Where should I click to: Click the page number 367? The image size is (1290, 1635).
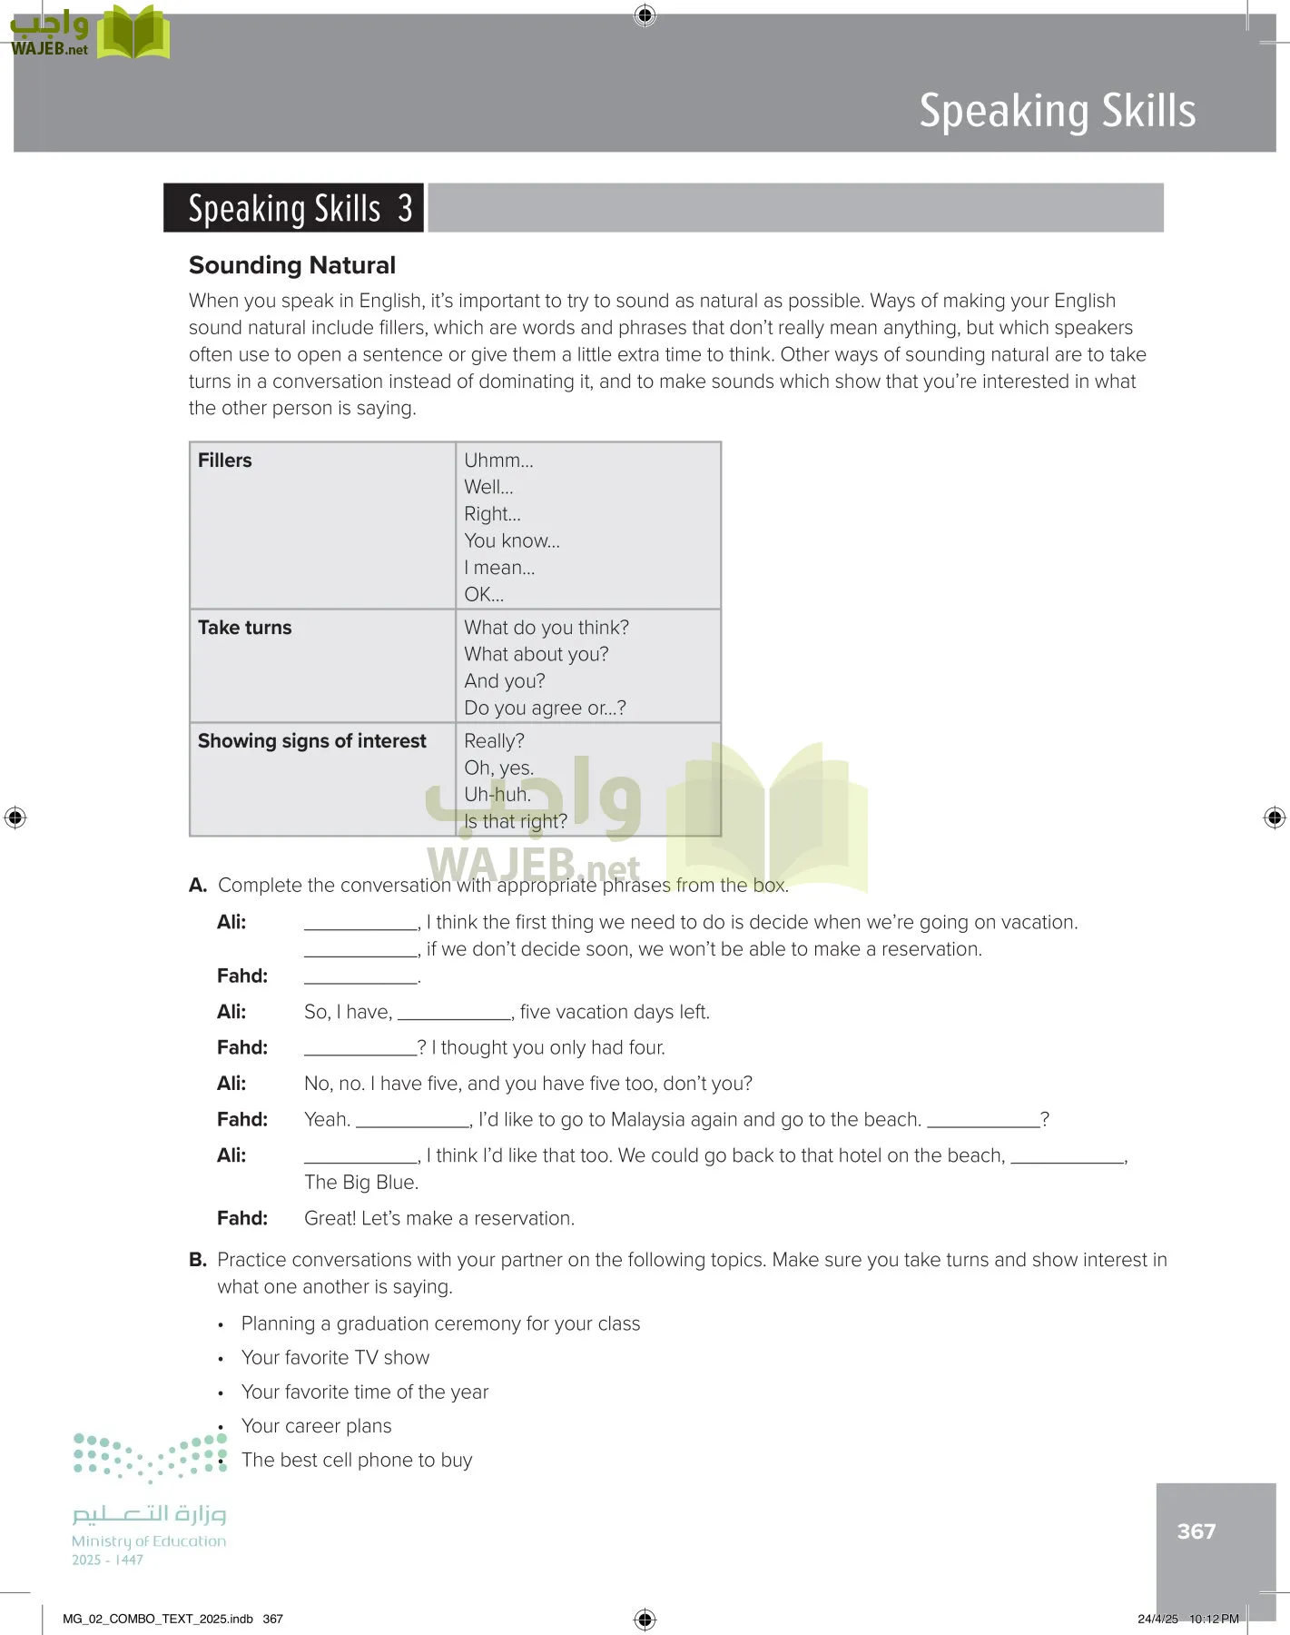(x=1196, y=1531)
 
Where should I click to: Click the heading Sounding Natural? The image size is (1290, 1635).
(x=292, y=265)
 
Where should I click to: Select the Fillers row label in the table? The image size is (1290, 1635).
(x=225, y=461)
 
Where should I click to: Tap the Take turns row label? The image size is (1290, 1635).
(x=245, y=628)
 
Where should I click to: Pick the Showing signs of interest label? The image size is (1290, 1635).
(x=311, y=741)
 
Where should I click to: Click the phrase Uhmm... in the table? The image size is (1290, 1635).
(x=498, y=461)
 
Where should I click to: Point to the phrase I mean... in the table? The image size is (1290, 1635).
(x=499, y=568)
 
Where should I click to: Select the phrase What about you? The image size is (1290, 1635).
(x=536, y=654)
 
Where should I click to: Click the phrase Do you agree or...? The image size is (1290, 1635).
(x=545, y=708)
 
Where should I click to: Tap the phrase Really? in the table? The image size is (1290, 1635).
(x=494, y=741)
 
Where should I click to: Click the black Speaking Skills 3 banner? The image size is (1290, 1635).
(x=293, y=208)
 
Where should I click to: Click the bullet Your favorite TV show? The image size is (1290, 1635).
(x=335, y=1358)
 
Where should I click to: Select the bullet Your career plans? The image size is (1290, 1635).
(x=316, y=1426)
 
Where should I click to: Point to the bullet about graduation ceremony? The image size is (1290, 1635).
(x=440, y=1323)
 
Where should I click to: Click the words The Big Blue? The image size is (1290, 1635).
(x=360, y=1183)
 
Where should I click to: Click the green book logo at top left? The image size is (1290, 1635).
(x=133, y=33)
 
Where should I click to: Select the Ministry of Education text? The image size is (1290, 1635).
(x=149, y=1541)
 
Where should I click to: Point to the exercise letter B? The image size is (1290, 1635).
(x=197, y=1260)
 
